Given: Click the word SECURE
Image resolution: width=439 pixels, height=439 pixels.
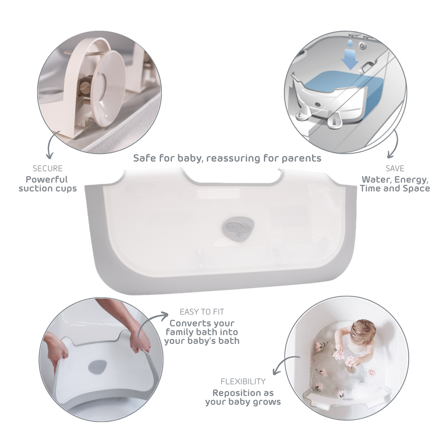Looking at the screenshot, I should click(x=48, y=169).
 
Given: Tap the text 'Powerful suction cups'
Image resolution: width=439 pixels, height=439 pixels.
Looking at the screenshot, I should click(x=48, y=184).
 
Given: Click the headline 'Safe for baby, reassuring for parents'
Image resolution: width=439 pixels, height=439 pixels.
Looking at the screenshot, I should click(x=227, y=158).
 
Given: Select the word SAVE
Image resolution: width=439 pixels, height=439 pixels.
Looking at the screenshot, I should click(x=395, y=169).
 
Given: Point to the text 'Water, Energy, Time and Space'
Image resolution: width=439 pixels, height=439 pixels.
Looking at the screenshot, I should click(x=395, y=184).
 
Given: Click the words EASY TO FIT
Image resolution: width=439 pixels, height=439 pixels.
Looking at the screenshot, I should click(x=202, y=312).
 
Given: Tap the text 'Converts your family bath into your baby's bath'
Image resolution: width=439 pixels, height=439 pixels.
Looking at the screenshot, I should click(x=202, y=332).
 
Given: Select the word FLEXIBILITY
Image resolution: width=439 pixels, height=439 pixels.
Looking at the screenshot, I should click(x=243, y=381).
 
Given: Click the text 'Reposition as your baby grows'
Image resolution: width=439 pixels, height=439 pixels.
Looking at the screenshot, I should click(x=243, y=397).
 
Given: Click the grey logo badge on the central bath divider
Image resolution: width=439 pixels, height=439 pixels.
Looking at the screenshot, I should click(x=238, y=227).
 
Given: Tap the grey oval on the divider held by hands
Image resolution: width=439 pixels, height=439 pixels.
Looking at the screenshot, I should click(x=96, y=367).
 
